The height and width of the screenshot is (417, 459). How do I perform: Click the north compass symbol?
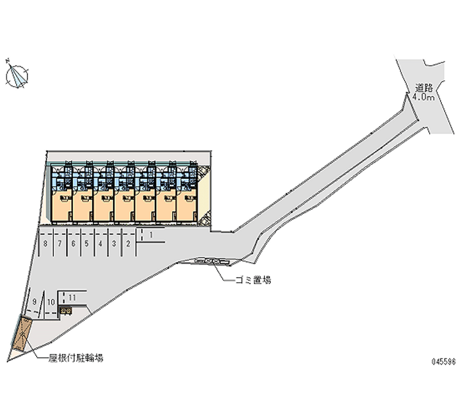coord(18,75)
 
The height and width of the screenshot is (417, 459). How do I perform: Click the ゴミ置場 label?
coord(253,280)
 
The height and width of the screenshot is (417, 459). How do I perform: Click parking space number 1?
coord(150,235)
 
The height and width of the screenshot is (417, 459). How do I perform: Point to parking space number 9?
coord(36,301)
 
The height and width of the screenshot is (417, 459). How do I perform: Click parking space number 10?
coord(51,302)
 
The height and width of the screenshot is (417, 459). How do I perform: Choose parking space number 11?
coord(72,297)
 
